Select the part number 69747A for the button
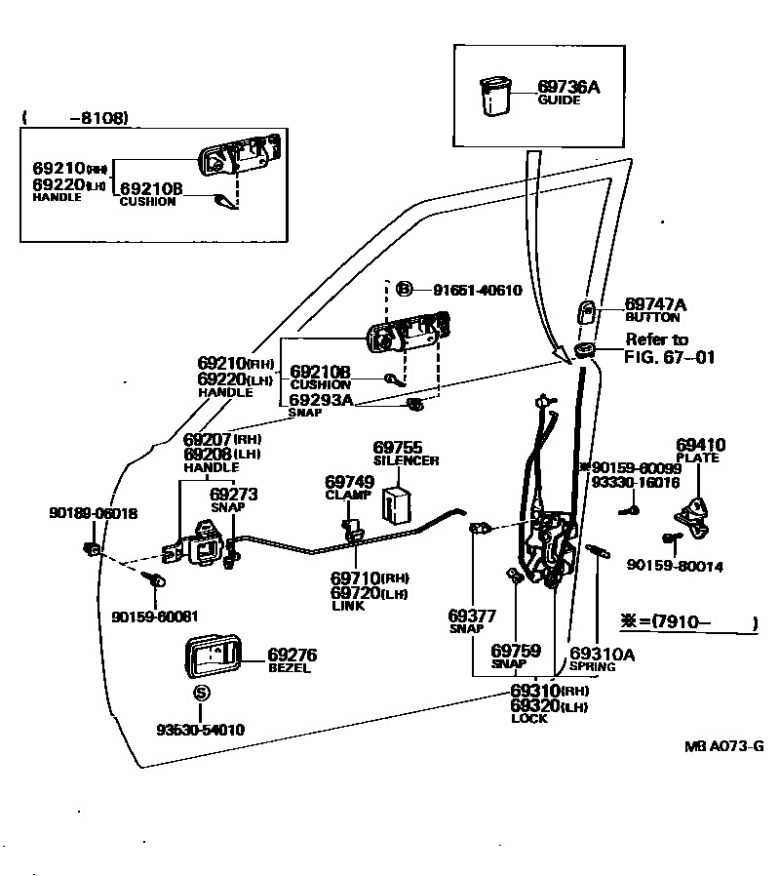click(x=655, y=305)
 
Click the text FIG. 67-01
click(x=669, y=357)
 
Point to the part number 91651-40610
click(x=477, y=290)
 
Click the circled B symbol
click(x=406, y=290)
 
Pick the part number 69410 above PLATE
click(x=700, y=445)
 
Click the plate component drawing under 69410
click(x=699, y=512)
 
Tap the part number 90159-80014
click(x=675, y=565)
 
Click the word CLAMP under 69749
click(x=344, y=495)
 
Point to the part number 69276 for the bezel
click(x=292, y=655)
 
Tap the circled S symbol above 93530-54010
click(x=201, y=694)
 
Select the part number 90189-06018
click(x=93, y=513)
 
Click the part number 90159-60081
click(x=154, y=616)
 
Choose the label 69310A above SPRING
click(x=602, y=654)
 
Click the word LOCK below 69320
click(x=529, y=719)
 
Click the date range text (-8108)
click(x=75, y=117)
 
